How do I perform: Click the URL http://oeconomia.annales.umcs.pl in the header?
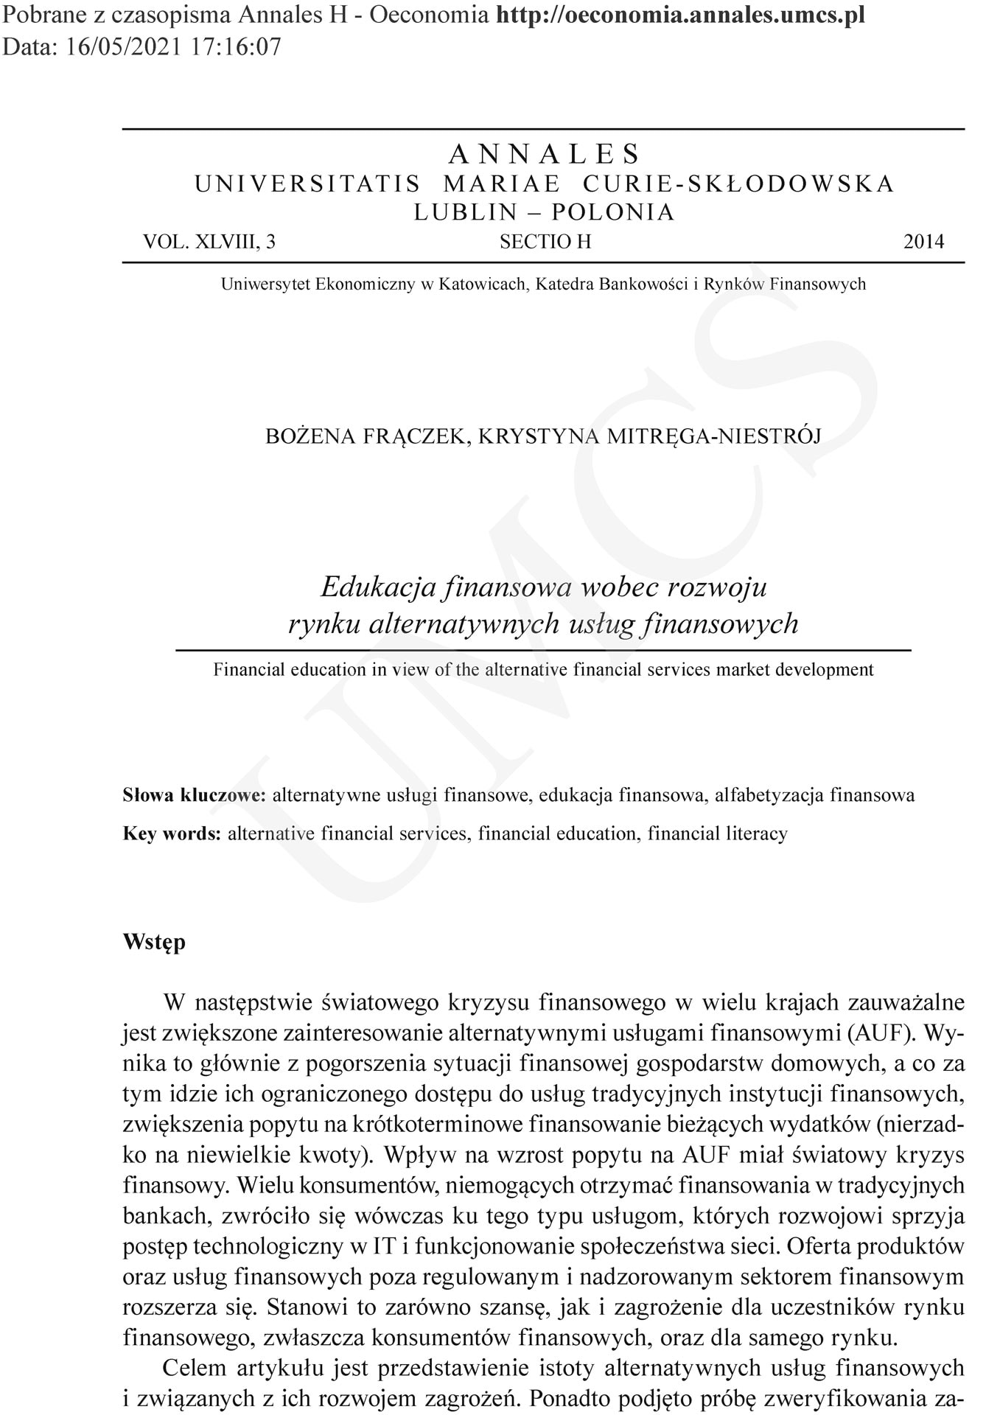tap(680, 15)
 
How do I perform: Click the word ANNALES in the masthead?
tap(545, 154)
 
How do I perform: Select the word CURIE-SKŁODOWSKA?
tap(738, 184)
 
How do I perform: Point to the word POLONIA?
tap(613, 212)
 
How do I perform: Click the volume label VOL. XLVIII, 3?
tap(209, 242)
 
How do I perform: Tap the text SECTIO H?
tap(545, 242)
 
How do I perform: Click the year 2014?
tap(923, 242)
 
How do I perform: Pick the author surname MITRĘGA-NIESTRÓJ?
tap(713, 436)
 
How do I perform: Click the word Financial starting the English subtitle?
tap(248, 670)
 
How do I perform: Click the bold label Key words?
tap(172, 834)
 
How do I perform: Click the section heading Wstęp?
tap(154, 942)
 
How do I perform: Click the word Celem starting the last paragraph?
tap(195, 1368)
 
